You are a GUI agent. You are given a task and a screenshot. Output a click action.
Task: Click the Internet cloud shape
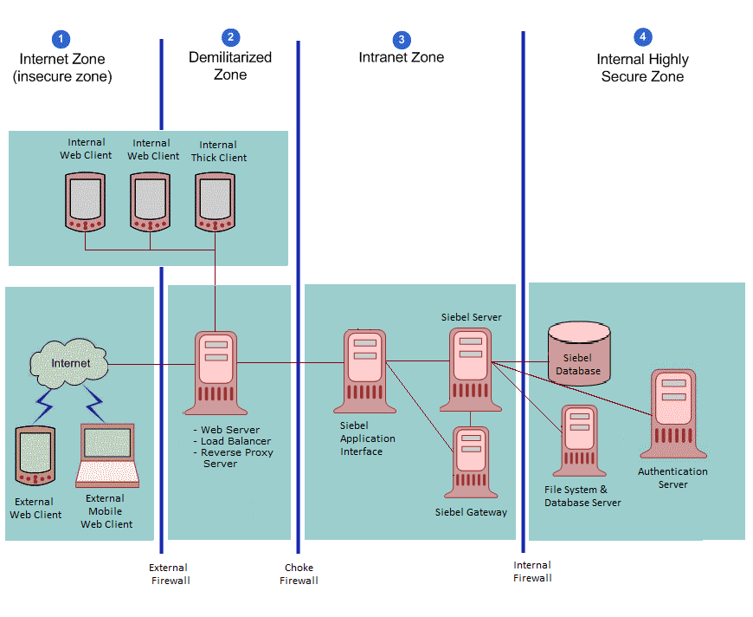coord(70,363)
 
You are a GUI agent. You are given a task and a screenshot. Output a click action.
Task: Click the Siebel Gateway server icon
coord(471,462)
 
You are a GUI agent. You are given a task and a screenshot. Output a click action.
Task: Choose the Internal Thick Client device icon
coord(215,201)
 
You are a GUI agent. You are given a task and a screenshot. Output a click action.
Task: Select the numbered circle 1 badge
coord(61,39)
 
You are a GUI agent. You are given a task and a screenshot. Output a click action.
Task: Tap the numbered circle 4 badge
coord(642,36)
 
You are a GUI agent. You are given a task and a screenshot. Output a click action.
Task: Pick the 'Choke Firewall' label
coord(299,575)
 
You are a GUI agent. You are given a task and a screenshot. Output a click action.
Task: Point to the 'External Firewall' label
coord(170,575)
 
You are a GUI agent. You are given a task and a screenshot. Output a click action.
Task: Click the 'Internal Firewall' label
coord(532,571)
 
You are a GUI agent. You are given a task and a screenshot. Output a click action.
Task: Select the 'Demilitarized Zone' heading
coord(230,66)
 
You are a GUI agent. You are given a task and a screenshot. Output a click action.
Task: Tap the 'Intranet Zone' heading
coord(401,58)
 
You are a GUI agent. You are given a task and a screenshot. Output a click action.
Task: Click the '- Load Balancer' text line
coord(232,441)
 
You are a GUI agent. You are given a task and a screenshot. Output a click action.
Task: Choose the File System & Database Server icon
coord(579,441)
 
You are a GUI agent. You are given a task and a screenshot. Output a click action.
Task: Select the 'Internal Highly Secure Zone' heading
coord(642,68)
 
